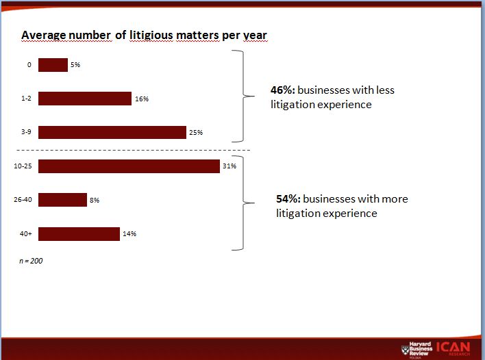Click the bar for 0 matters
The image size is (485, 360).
tap(53, 65)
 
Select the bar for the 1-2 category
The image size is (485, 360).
tap(85, 99)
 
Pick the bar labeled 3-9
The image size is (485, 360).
tap(112, 132)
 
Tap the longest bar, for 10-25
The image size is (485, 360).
tap(129, 166)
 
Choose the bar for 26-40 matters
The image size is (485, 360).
tap(62, 200)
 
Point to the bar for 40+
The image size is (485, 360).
tap(79, 234)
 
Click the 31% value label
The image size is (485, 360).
tap(229, 166)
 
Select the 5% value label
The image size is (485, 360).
tap(75, 65)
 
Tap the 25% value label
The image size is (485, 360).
tap(196, 133)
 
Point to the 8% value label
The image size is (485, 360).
tap(95, 200)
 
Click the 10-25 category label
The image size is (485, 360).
tap(23, 166)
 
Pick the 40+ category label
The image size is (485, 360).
tap(25, 234)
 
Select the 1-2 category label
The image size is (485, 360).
tap(26, 99)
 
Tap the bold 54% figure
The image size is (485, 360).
tap(287, 199)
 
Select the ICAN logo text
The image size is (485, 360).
tap(452, 347)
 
